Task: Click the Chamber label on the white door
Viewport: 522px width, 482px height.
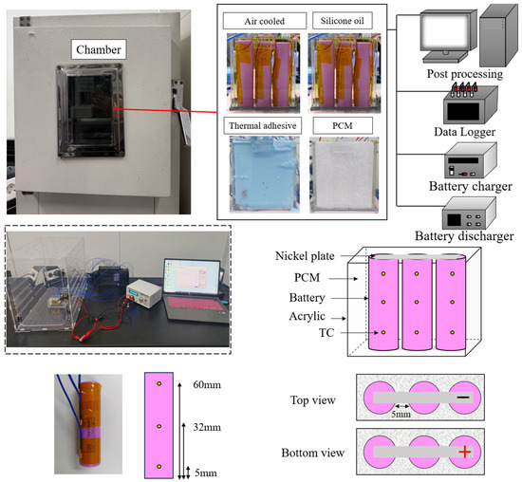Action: [99, 49]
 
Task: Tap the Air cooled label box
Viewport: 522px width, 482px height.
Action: [265, 21]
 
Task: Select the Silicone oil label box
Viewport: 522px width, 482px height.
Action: [343, 21]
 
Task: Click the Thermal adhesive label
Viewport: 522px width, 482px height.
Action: [262, 125]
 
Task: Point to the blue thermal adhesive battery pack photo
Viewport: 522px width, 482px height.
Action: [265, 175]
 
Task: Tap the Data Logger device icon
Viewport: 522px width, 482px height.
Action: [471, 105]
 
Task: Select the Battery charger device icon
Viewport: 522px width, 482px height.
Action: [471, 160]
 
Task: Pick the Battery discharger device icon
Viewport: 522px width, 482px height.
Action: [469, 213]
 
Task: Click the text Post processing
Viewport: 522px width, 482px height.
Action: [465, 74]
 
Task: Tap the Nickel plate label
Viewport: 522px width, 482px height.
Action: [305, 255]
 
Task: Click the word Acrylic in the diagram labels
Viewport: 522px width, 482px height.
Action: [307, 316]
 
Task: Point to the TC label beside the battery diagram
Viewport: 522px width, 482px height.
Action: [326, 332]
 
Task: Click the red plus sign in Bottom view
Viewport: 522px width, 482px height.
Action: [465, 452]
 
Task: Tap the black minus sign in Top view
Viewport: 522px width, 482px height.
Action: [463, 398]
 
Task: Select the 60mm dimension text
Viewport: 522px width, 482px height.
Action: [207, 385]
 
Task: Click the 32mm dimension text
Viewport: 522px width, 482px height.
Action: [207, 427]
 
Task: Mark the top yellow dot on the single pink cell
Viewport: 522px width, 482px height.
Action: [159, 384]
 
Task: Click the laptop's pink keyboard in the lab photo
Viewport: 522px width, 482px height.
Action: [195, 304]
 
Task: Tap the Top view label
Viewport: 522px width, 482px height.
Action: [312, 400]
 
